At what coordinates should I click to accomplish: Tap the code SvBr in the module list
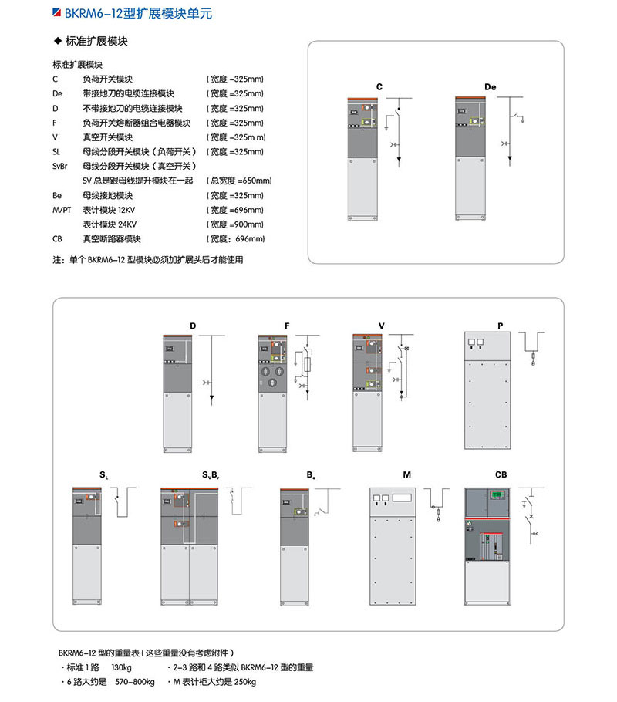click(61, 166)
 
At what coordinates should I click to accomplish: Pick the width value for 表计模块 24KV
click(236, 224)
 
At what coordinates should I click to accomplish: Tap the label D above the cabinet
click(193, 326)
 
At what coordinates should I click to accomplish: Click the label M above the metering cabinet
click(406, 474)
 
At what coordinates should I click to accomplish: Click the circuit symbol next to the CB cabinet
click(531, 513)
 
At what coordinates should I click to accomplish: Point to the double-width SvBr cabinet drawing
click(190, 544)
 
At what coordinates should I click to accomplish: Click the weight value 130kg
click(122, 667)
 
